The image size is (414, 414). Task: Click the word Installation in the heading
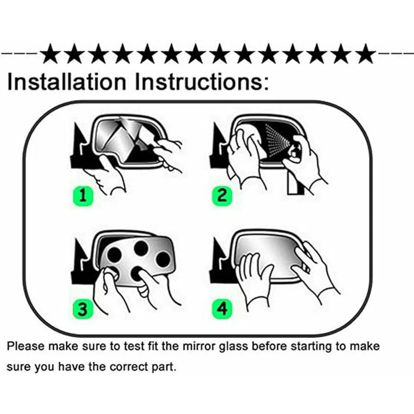(67, 82)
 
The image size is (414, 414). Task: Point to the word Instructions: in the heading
(202, 82)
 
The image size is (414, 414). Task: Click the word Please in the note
(26, 346)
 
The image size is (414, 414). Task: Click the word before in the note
(269, 346)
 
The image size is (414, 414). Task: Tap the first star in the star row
(50, 54)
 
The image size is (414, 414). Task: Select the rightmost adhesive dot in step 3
(163, 259)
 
